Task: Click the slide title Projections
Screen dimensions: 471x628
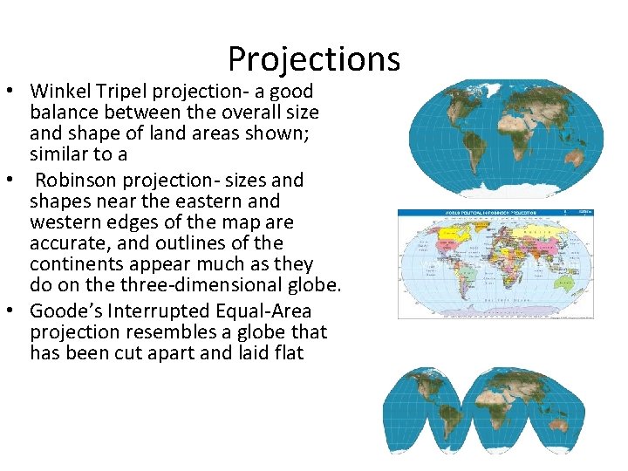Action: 314,59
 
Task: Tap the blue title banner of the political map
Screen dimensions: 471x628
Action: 495,212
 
